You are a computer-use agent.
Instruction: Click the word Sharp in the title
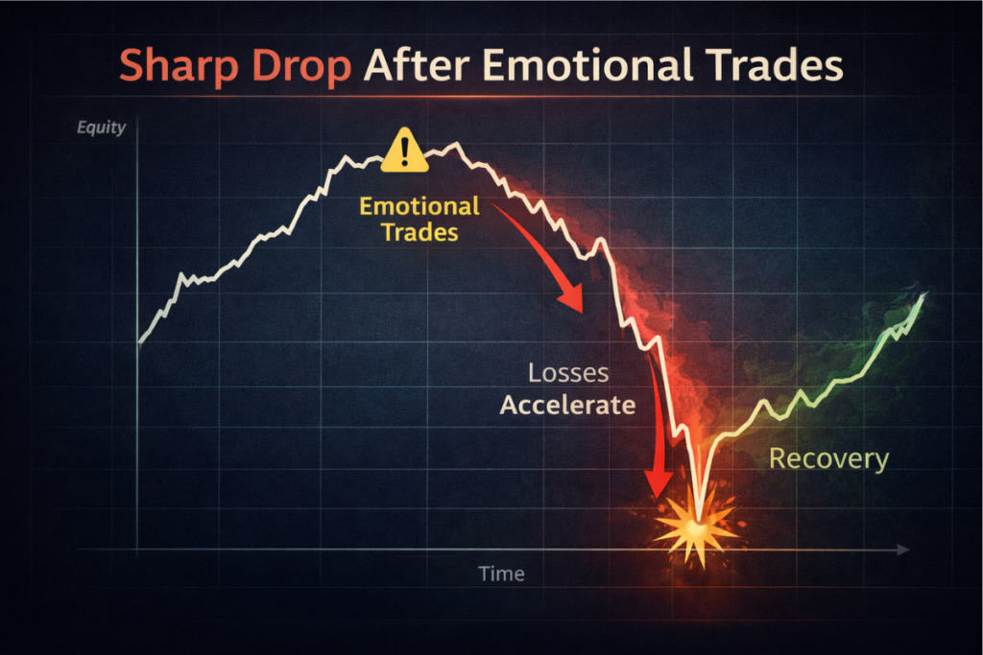[x=179, y=66]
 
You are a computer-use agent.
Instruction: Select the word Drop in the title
[x=300, y=66]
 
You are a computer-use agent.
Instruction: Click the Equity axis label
[x=101, y=128]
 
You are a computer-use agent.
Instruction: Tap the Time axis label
[x=501, y=573]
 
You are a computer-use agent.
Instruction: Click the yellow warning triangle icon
[x=405, y=151]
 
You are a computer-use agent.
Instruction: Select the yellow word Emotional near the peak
[x=420, y=206]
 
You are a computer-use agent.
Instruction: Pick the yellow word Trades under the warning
[x=420, y=232]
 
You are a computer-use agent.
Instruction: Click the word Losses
[x=568, y=373]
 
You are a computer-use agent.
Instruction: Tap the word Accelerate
[x=568, y=405]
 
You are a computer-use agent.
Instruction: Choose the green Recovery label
[x=828, y=459]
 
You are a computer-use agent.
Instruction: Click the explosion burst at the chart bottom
[x=695, y=530]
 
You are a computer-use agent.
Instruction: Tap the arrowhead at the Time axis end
[x=904, y=550]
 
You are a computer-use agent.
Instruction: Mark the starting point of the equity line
[x=139, y=342]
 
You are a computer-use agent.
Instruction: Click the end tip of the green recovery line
[x=924, y=293]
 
